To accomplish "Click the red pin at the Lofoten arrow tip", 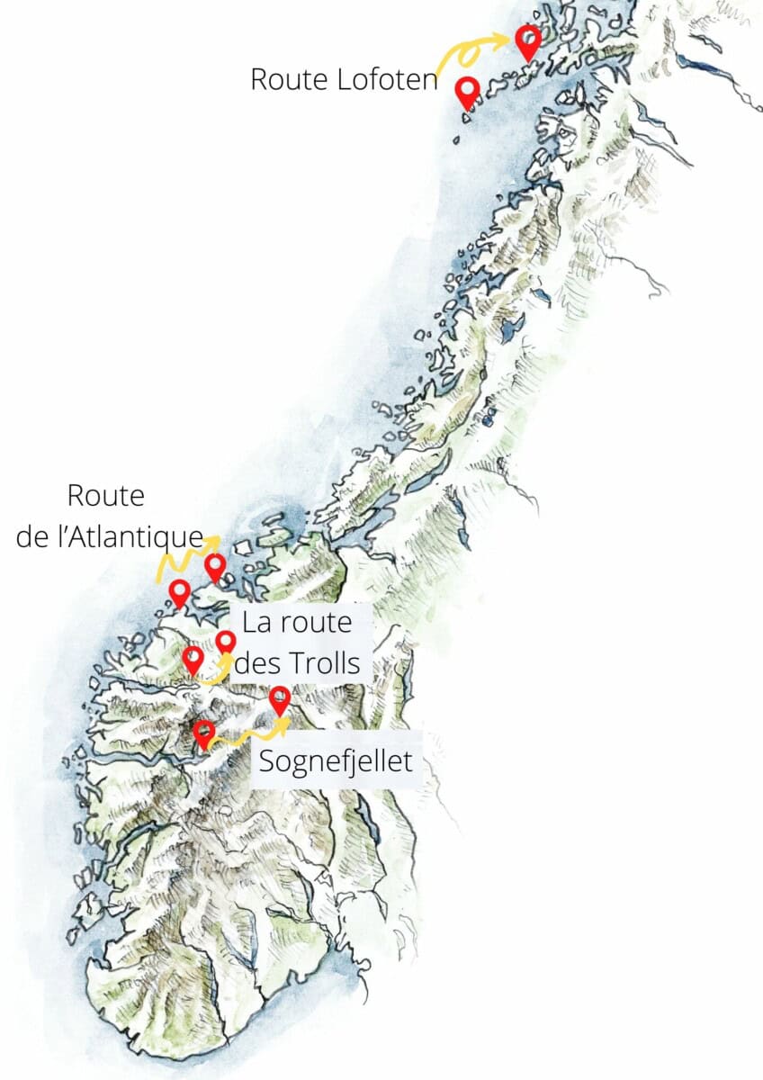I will coord(528,40).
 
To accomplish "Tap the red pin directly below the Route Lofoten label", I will coord(467,92).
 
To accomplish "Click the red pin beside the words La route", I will coord(226,643).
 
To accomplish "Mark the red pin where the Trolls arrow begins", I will coord(193,660).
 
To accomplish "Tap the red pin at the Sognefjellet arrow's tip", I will coord(280,699).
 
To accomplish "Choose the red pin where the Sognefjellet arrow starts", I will coord(204,733).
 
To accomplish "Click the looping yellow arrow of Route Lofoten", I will coord(468,52).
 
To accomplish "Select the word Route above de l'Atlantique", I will coord(106,496).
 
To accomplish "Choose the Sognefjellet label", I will coord(336,761).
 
